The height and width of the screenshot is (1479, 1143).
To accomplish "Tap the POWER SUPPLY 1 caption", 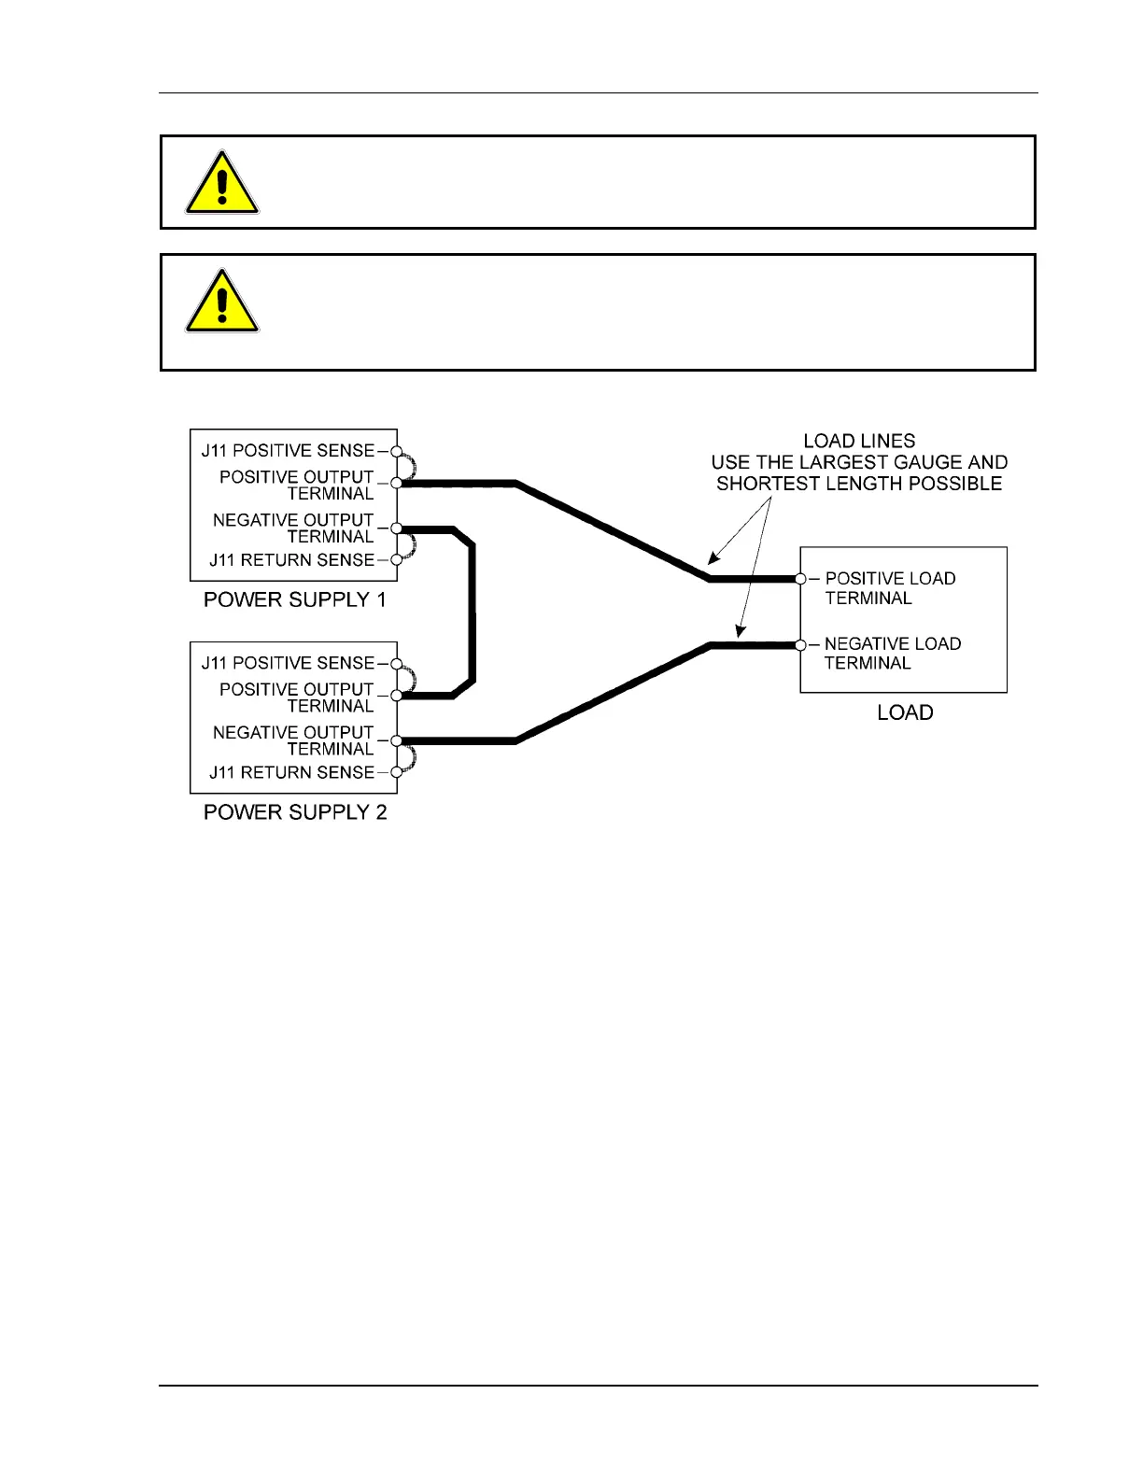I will click(x=295, y=599).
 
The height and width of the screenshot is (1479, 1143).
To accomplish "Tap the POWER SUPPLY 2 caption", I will click(x=295, y=812).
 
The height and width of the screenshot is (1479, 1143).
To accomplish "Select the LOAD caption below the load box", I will click(x=905, y=712).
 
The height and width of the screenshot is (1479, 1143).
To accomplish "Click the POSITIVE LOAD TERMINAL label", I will click(x=889, y=588).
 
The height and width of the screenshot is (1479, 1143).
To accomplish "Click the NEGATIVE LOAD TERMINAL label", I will click(x=892, y=654).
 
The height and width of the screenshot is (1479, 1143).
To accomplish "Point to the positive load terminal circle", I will click(x=800, y=579).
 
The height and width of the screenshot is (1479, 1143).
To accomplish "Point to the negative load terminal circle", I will click(x=800, y=644).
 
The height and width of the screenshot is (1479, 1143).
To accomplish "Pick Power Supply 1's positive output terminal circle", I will click(x=396, y=483).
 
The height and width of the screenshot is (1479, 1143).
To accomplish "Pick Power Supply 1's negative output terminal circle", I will click(x=396, y=528).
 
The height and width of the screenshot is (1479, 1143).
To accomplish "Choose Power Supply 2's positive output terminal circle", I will click(x=396, y=696).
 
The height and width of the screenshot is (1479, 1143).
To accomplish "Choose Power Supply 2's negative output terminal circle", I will click(x=396, y=740).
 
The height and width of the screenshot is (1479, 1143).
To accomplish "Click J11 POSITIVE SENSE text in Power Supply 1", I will click(x=288, y=450).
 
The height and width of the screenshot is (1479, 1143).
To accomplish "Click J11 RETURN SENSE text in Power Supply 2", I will click(x=291, y=772).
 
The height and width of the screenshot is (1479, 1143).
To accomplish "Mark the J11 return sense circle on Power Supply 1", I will click(x=396, y=560).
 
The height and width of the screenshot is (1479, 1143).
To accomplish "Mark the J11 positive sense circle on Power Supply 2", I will click(x=396, y=663).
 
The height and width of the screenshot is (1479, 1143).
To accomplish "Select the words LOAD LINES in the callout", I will click(x=859, y=441).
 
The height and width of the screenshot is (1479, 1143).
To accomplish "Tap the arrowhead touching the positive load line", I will click(x=713, y=560).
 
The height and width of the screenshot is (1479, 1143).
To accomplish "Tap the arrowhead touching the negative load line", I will click(x=739, y=632).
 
